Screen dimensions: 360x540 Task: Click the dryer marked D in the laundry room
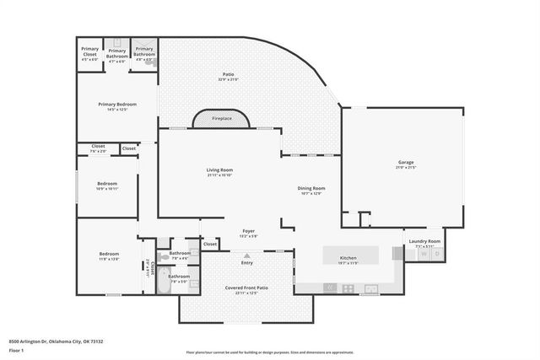[436, 254]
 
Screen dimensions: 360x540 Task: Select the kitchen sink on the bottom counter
[370, 288]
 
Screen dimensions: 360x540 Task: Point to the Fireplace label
[222, 119]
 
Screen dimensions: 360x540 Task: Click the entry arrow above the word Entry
[247, 255]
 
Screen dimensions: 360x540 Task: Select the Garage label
[406, 163]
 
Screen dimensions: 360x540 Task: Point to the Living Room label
[219, 169]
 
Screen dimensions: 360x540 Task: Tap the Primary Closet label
[89, 52]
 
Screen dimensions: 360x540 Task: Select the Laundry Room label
[424, 241]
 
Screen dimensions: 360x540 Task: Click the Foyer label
[248, 231]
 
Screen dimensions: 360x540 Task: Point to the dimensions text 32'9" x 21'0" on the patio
[228, 79]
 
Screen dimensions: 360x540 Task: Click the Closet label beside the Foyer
[210, 244]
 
